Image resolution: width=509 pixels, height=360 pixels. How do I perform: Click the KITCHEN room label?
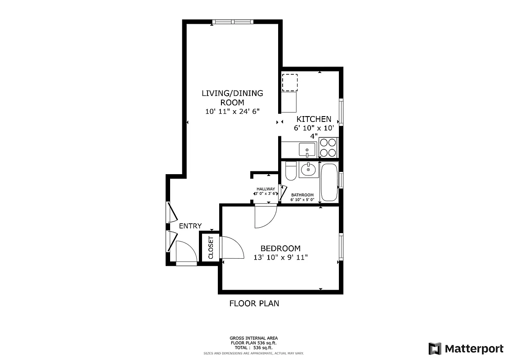(314, 119)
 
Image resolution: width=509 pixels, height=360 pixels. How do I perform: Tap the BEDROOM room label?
(280, 248)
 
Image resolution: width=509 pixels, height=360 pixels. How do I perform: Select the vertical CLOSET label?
(211, 247)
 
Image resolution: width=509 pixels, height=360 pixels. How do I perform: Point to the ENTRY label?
(190, 226)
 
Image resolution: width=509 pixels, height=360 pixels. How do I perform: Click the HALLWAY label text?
(266, 189)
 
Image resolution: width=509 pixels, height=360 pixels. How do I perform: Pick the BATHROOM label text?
(302, 195)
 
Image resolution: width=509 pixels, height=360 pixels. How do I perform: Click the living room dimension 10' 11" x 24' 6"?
(232, 111)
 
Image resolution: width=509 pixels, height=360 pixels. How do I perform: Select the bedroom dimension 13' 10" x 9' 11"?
(280, 257)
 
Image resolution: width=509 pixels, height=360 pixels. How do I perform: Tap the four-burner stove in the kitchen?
(328, 147)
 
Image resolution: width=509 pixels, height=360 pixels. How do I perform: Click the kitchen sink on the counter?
(307, 149)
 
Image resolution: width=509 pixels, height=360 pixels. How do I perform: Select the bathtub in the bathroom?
(329, 182)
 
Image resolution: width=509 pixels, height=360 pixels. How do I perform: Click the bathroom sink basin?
(308, 170)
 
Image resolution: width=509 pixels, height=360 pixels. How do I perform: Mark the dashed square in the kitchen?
(289, 82)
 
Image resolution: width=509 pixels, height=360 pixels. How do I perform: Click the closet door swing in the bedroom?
(232, 248)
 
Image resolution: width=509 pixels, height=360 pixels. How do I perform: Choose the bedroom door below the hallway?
(265, 216)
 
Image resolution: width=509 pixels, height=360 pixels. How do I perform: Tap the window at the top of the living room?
(233, 22)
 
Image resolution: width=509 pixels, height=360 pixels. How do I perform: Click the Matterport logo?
(465, 348)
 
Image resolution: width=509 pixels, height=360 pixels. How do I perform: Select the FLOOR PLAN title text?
(254, 303)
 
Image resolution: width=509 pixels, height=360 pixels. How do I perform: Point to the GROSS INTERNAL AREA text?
(253, 338)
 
